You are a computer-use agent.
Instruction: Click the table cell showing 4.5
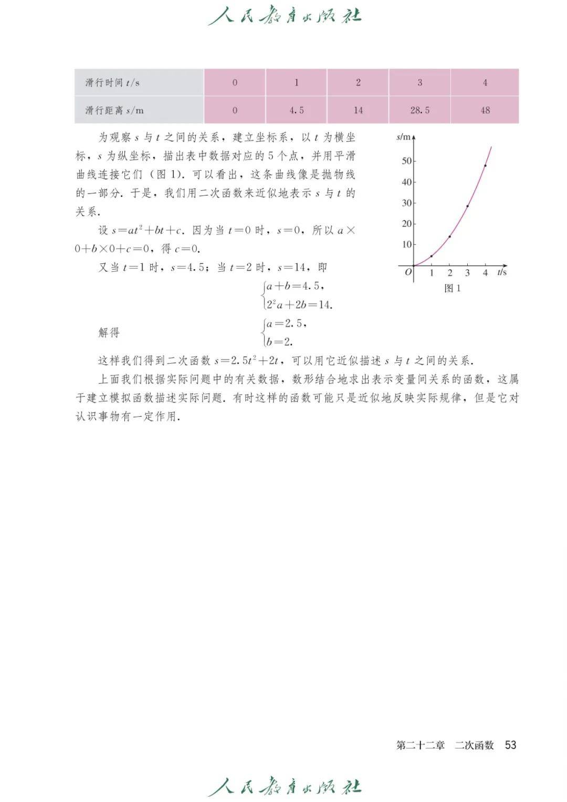[296, 110]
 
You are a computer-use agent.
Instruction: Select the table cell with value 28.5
[419, 110]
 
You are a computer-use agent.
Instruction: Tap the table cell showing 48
[485, 110]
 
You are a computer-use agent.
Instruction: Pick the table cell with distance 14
[358, 110]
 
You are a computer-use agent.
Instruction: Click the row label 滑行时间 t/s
[112, 83]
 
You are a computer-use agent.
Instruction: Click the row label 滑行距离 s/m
[114, 110]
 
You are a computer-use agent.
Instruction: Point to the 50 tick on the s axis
[407, 161]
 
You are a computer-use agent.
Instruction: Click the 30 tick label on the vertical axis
[407, 203]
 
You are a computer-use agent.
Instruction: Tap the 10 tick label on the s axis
[407, 244]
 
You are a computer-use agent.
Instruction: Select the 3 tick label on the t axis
[467, 273]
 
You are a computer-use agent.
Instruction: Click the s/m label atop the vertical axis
[403, 137]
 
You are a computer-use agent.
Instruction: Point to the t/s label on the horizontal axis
[502, 272]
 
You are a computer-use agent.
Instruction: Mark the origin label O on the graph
[408, 272]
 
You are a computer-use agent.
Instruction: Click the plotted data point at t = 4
[485, 166]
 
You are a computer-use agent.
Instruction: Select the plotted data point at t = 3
[467, 206]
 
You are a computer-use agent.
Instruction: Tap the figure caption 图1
[452, 288]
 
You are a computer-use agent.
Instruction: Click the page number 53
[510, 745]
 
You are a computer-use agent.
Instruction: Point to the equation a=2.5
[286, 323]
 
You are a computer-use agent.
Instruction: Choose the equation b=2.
[279, 342]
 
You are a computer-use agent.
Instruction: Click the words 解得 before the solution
[109, 332]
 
